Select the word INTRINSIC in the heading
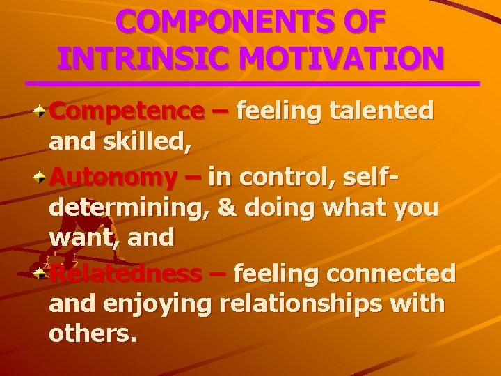(x=141, y=57)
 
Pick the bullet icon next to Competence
(x=42, y=111)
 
